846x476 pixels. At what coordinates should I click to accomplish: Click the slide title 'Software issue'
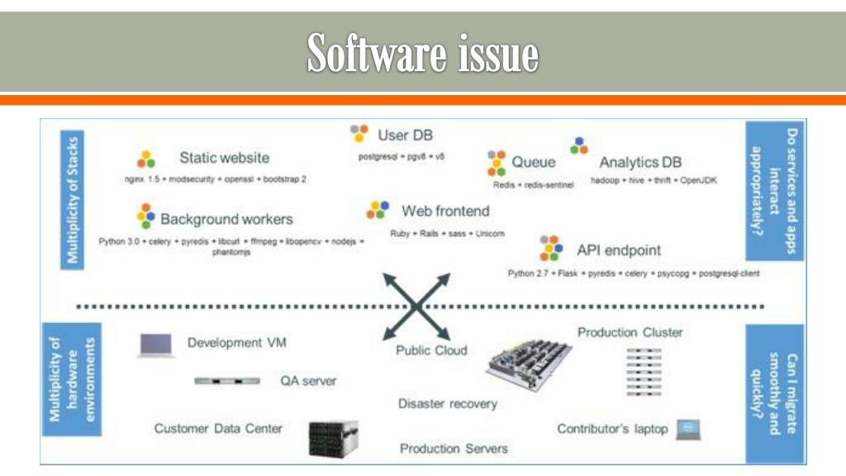pos(422,55)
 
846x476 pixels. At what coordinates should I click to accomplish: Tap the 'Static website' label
pos(224,158)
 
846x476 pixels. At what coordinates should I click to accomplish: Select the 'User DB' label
pos(405,135)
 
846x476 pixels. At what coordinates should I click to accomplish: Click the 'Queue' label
pos(533,162)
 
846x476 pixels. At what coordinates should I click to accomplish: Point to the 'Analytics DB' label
pos(640,162)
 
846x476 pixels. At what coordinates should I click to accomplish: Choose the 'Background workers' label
pos(226,219)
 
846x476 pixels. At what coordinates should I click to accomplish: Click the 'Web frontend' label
pos(445,211)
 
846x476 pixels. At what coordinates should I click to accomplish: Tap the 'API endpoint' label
pos(618,250)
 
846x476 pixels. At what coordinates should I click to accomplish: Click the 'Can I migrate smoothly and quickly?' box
pos(775,393)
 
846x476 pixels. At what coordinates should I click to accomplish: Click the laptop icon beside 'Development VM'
pos(155,345)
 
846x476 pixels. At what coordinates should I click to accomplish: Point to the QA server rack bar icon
pos(227,381)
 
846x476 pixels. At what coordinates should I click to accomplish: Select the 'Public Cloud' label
pos(431,350)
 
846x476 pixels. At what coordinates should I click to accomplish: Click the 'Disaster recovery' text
pos(448,404)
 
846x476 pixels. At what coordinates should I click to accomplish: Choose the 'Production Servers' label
pos(454,449)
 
